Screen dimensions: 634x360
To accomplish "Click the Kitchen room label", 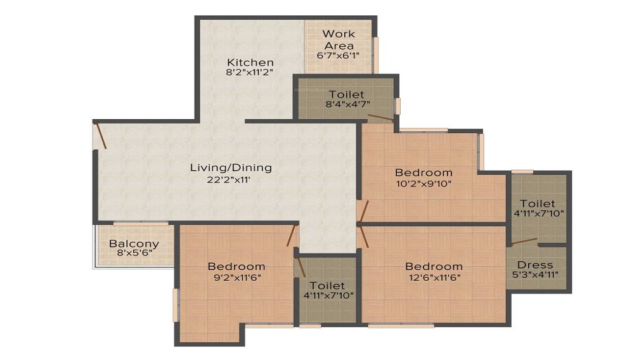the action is click(250, 62).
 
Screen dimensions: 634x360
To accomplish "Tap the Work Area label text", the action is click(339, 39).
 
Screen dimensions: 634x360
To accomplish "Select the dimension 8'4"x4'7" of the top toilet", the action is click(347, 104).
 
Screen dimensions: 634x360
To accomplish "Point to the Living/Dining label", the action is click(231, 168).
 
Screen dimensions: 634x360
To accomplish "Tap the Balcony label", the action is click(134, 244).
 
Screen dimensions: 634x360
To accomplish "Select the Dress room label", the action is click(535, 265).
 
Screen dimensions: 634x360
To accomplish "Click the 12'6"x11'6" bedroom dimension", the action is click(434, 278).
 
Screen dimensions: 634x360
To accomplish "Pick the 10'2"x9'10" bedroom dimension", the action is click(424, 184).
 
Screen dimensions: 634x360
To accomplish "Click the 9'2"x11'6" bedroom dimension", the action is click(236, 278).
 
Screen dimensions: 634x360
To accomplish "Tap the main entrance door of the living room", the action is click(100, 136).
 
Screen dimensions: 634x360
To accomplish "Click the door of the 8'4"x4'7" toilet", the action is click(380, 118).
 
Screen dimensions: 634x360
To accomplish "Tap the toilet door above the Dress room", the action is click(524, 242).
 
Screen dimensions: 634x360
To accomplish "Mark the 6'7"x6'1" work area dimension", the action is click(339, 55).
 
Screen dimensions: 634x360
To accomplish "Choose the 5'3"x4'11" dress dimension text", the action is click(535, 275).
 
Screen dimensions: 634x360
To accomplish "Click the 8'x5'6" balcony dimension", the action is click(134, 254).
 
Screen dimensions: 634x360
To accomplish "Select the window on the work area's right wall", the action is click(375, 55).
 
